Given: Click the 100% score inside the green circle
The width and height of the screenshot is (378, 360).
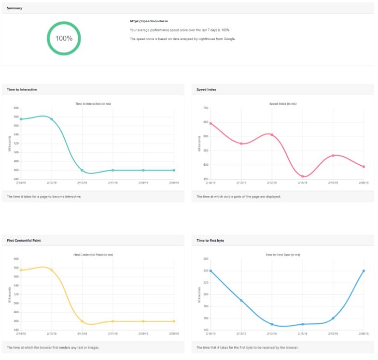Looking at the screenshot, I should (64, 39).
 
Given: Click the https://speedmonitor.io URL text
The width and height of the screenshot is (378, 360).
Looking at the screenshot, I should (145, 21).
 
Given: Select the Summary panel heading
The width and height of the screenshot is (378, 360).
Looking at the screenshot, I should (14, 8).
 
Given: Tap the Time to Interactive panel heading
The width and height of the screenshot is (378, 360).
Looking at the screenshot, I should (22, 89).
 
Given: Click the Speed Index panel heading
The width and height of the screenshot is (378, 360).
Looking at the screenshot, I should (206, 89).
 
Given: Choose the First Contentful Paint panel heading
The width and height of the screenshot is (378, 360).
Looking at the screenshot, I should (24, 240).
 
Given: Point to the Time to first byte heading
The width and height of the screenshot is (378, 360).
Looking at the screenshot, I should (210, 240).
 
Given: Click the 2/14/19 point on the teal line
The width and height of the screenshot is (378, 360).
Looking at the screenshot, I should (21, 119).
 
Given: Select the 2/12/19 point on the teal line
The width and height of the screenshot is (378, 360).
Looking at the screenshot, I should (82, 170).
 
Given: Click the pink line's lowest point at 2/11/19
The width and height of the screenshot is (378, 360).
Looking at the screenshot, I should (302, 176).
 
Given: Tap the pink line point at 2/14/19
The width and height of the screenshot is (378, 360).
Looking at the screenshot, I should (210, 123).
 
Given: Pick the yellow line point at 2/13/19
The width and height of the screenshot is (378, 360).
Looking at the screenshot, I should (52, 270).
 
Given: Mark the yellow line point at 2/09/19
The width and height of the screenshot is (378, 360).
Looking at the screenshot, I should (174, 321).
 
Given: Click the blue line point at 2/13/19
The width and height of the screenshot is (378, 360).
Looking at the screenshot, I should (241, 301).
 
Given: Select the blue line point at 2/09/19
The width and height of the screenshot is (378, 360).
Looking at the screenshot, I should (364, 271).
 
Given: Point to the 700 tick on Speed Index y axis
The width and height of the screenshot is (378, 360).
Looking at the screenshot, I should (205, 108).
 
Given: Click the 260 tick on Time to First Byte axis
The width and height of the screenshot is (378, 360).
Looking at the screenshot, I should (205, 259).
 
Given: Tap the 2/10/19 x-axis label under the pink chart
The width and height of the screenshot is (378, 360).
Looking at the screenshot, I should (333, 183).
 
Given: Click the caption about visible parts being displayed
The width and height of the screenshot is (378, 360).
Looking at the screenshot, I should (238, 197).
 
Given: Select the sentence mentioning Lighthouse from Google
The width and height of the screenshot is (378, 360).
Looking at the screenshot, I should (182, 39).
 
